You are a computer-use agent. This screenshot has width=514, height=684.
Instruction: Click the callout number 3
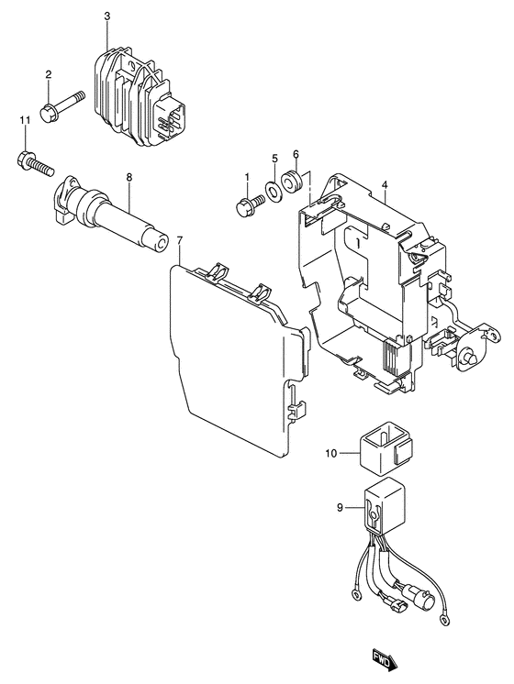(x=107, y=17)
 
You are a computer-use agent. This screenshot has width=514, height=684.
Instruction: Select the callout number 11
(x=26, y=119)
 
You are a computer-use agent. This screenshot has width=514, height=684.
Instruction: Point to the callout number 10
(x=331, y=454)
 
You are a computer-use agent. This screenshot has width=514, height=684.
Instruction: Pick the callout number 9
(x=341, y=508)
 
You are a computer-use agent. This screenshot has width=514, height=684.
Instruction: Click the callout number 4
(x=385, y=185)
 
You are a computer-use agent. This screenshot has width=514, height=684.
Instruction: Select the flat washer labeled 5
(x=272, y=190)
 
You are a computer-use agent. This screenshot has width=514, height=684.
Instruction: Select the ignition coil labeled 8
(x=109, y=214)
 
